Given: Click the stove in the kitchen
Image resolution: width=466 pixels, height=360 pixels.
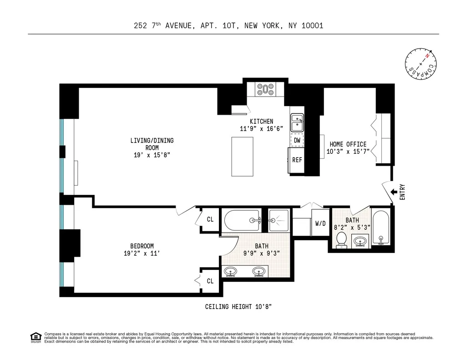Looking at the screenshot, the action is (265, 89).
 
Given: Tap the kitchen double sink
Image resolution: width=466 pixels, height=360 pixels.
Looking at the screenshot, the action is (297, 122).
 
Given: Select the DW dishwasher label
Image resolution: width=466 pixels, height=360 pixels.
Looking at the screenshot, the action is (297, 140).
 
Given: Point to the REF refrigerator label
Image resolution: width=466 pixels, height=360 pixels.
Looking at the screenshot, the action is (297, 160).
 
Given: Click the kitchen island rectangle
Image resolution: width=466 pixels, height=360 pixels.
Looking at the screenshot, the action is (242, 157).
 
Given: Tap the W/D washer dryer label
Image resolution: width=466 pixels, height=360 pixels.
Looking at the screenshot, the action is (320, 223).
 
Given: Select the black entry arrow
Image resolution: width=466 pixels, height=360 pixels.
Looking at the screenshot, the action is (394, 192).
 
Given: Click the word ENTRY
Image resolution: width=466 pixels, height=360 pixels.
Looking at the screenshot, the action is (402, 192).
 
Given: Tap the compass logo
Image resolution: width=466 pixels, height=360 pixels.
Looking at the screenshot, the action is (420, 64).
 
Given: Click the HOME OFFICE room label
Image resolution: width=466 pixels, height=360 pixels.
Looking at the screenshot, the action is (348, 144).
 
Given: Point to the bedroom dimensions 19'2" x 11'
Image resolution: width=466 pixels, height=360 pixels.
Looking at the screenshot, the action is (142, 254).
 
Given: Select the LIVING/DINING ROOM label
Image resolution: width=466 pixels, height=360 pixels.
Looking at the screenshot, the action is (152, 144).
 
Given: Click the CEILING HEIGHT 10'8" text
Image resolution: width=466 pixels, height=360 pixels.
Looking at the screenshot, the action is (238, 306).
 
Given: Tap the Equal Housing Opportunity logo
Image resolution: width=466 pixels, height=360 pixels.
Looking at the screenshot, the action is (36, 337).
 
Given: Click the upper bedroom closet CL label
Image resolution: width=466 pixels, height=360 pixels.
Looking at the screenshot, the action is (210, 219).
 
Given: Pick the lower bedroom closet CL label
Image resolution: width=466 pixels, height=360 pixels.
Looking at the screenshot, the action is (210, 281).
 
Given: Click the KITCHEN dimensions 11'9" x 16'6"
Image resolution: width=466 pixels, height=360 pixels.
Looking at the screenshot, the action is (262, 129).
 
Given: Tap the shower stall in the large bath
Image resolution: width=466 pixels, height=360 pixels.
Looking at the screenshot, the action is (279, 220).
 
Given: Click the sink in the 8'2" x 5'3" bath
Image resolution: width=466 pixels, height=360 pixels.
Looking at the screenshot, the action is (360, 241).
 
